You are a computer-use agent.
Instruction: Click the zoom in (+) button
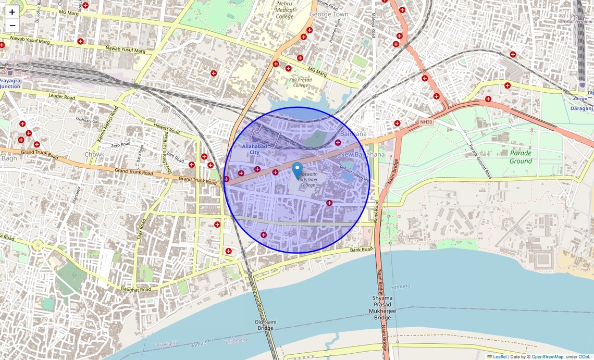[x=12, y=12]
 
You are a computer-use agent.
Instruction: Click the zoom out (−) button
[x=12, y=26]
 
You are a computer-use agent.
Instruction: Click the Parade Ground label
[x=521, y=157]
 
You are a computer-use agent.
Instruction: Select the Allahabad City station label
[x=254, y=149]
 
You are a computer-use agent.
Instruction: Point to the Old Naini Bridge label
[x=265, y=325]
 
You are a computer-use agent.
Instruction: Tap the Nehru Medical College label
[x=285, y=9]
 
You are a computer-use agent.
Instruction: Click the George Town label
[x=328, y=14]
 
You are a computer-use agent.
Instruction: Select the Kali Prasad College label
[x=302, y=82]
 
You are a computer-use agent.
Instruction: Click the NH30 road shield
[x=426, y=122]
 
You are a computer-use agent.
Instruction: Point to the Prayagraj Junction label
[x=10, y=83]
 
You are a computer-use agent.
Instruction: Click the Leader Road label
[x=61, y=96]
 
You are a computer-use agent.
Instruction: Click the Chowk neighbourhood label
[x=94, y=154]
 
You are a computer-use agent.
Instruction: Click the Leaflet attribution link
[x=500, y=356]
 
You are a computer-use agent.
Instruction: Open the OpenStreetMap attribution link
[x=547, y=356]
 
